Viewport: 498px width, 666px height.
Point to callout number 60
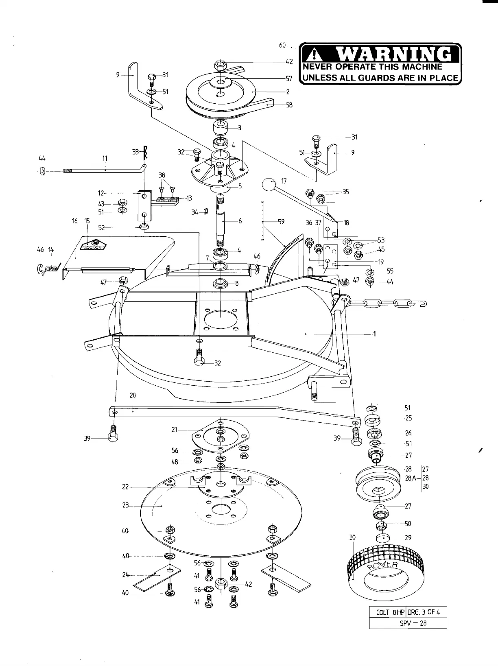pyautogui.click(x=282, y=45)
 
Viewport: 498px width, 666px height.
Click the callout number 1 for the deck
pyautogui.click(x=374, y=334)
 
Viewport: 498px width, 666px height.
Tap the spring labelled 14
pyautogui.click(x=52, y=269)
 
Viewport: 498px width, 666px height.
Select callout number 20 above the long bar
pyautogui.click(x=133, y=395)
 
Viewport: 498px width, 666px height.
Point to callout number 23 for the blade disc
pyautogui.click(x=125, y=505)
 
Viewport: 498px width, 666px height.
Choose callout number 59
pyautogui.click(x=281, y=222)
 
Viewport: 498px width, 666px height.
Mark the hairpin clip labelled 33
pyautogui.click(x=145, y=153)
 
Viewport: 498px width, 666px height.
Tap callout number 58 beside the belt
pyautogui.click(x=289, y=105)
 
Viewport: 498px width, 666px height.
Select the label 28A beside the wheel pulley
pyautogui.click(x=411, y=478)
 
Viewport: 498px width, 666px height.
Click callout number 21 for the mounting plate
pyautogui.click(x=175, y=429)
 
